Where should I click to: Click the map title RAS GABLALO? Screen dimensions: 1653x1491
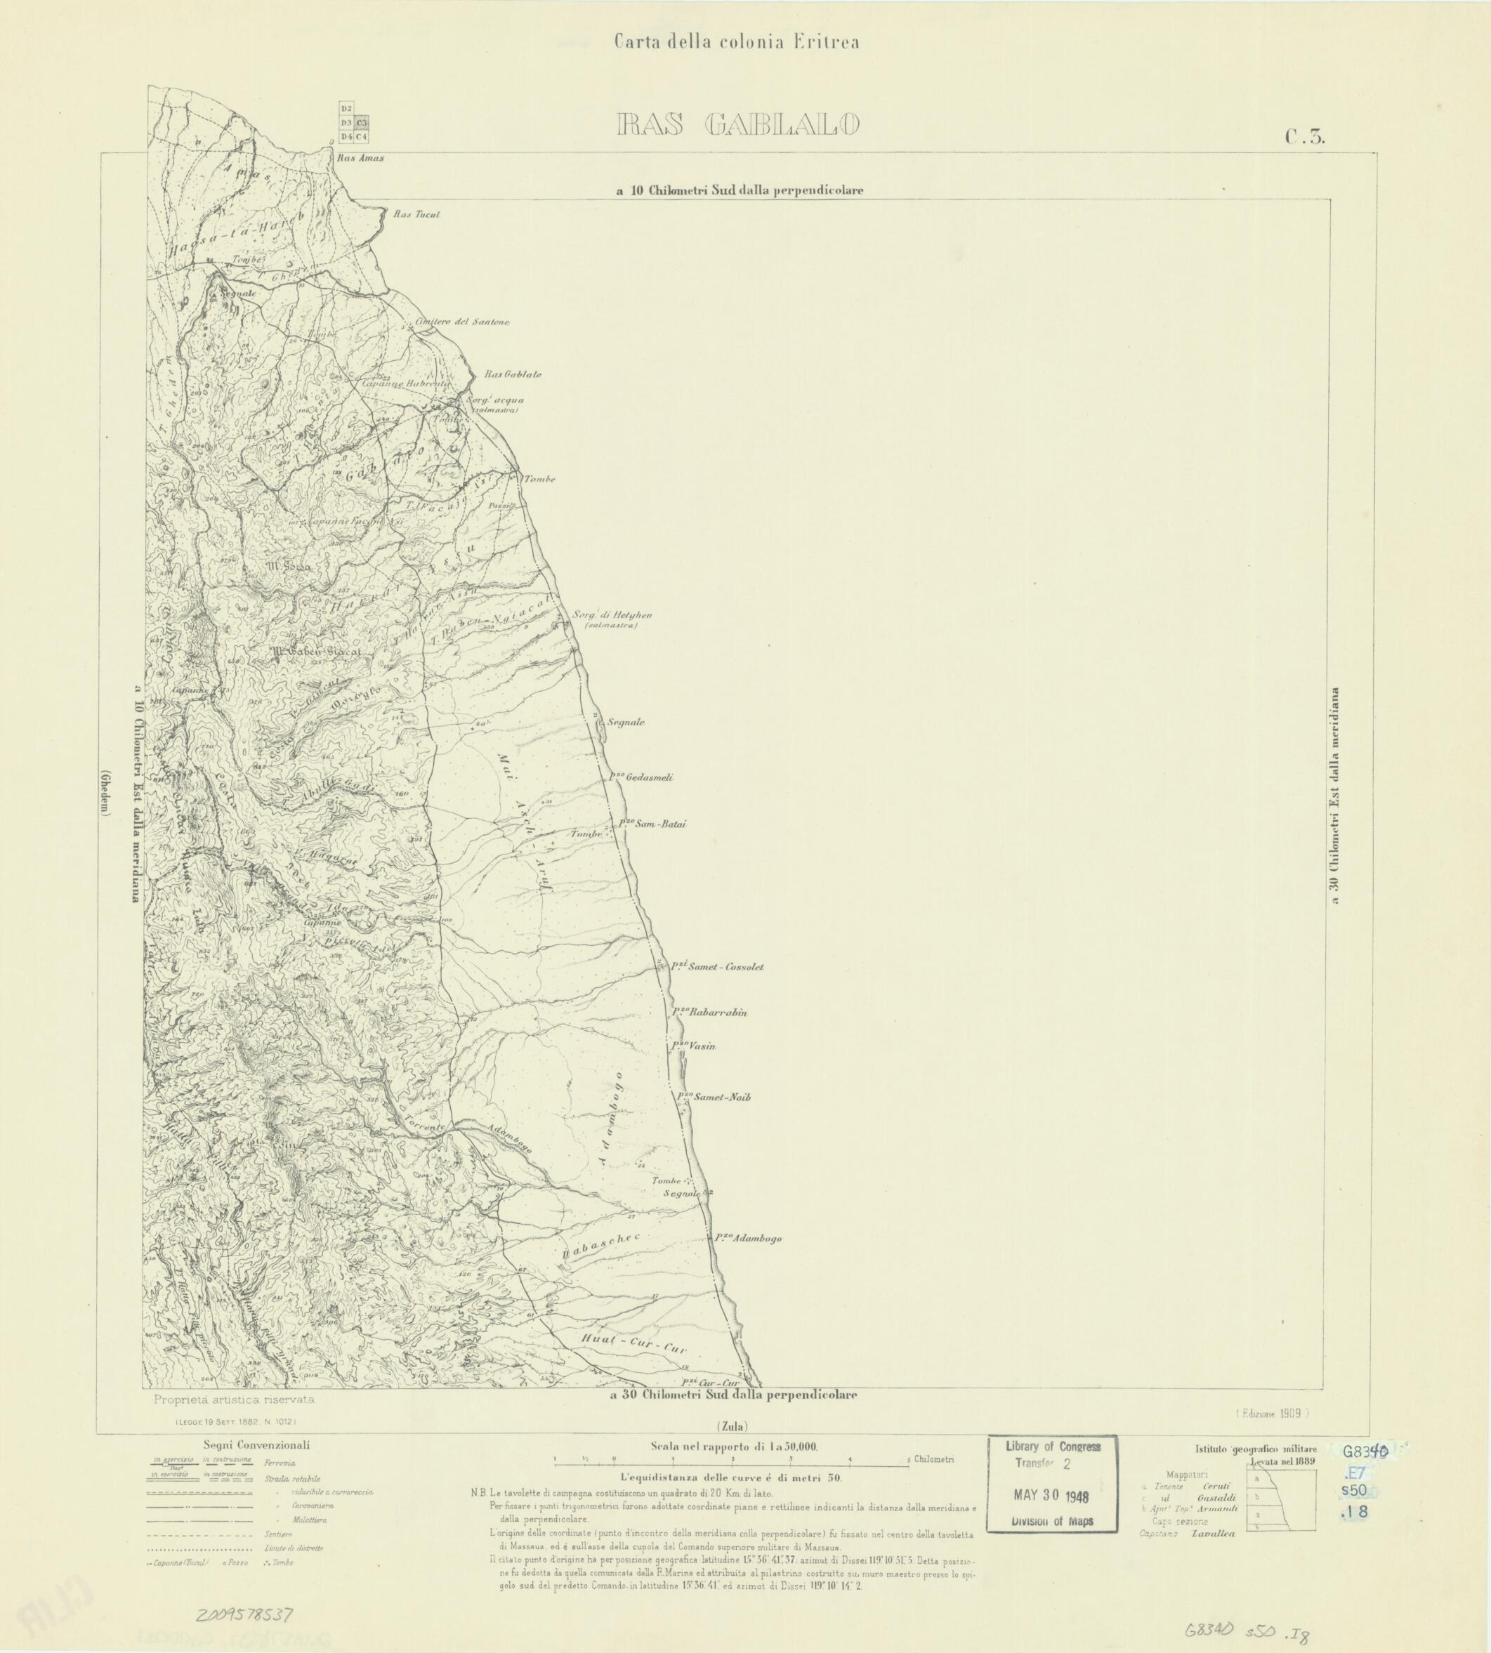point(737,124)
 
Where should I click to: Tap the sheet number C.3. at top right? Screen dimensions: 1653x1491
point(1305,138)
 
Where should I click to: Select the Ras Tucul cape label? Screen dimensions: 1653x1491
point(416,215)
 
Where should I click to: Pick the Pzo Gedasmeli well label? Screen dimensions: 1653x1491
point(640,777)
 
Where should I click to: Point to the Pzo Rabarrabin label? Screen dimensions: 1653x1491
point(709,1013)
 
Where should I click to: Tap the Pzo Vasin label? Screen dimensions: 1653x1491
point(693,1047)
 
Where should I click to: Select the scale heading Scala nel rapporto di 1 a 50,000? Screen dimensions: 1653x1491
point(734,1447)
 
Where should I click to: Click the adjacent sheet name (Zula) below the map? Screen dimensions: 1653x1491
point(732,1425)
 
